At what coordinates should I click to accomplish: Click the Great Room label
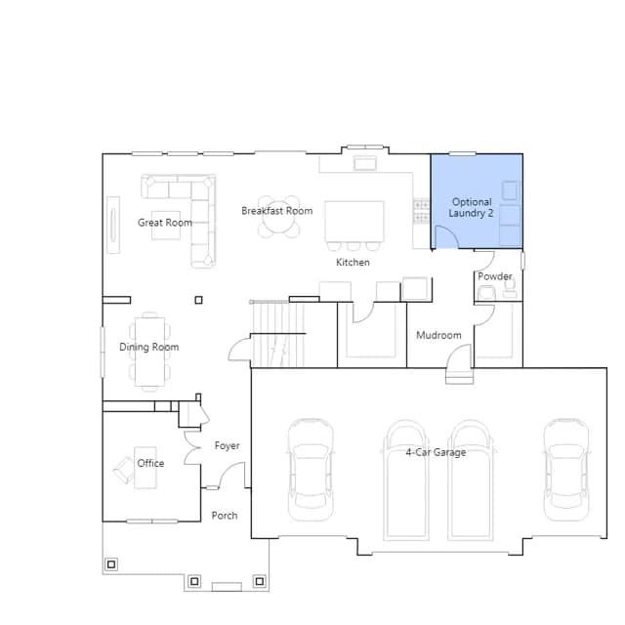(x=165, y=223)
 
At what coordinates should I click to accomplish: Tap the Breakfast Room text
(x=277, y=211)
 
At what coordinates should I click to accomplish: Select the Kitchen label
(x=353, y=262)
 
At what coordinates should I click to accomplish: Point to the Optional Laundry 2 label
(x=471, y=207)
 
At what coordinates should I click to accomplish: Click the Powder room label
(x=495, y=276)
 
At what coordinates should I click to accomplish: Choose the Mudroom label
(x=438, y=335)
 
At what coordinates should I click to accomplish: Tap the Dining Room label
(x=149, y=347)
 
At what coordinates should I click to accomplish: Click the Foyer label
(x=227, y=445)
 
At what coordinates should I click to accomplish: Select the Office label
(x=150, y=463)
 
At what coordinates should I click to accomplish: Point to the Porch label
(x=225, y=516)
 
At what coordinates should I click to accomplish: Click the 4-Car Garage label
(x=436, y=452)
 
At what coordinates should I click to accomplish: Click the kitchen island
(x=354, y=222)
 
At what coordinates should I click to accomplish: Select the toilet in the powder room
(x=486, y=293)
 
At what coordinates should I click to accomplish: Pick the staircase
(x=277, y=334)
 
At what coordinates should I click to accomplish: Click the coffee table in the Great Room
(x=166, y=226)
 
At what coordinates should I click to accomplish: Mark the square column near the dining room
(x=198, y=300)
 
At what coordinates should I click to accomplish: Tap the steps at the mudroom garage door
(x=460, y=376)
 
